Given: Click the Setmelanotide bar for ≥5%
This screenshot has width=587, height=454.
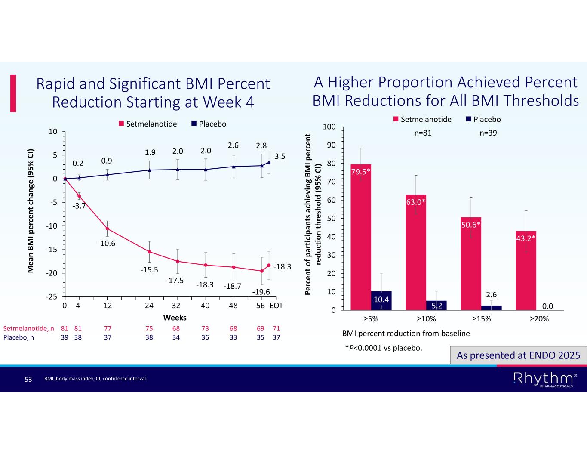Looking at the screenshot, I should point(361,237).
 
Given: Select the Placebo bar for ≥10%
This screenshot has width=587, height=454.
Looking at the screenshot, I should point(436,305).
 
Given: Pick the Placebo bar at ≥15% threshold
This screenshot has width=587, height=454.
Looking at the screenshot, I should point(492,307).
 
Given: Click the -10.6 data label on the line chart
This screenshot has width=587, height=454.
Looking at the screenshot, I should point(107,244).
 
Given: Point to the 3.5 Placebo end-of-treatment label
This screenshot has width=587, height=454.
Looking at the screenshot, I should point(280,157).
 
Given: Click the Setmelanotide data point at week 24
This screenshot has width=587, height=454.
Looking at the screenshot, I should point(149,252).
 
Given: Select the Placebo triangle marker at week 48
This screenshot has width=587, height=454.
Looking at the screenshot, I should point(234,167).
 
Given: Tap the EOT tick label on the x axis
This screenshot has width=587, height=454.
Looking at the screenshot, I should point(277,306).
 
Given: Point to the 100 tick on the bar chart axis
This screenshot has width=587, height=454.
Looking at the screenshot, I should point(329,127).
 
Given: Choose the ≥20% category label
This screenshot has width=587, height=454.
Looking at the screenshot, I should point(538,319).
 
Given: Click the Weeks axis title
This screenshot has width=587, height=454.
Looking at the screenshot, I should point(175,318).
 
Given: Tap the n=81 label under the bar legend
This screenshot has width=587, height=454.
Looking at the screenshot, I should point(423,133).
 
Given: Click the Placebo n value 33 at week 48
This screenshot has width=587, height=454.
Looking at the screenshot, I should point(233,337).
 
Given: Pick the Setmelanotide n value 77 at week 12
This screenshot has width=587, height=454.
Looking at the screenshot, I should point(108,328).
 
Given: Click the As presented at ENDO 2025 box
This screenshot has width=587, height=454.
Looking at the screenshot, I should point(518,355).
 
